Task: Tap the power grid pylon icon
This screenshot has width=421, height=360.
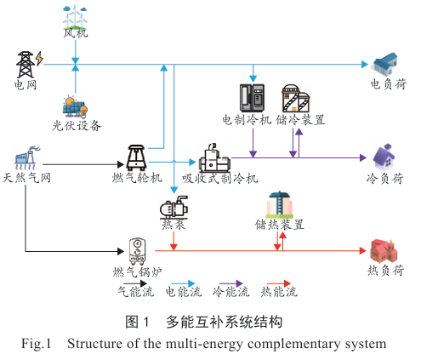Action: pyautogui.click(x=26, y=65)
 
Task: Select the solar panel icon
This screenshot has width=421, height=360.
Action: pyautogui.click(x=75, y=107)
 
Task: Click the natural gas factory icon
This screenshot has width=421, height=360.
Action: pyautogui.click(x=28, y=157)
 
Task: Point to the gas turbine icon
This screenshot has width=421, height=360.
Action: pyautogui.click(x=136, y=157)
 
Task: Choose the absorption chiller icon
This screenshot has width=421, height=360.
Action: pyautogui.click(x=214, y=157)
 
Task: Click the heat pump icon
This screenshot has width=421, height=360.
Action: pyautogui.click(x=174, y=207)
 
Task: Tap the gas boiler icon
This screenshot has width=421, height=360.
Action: pyautogui.click(x=138, y=251)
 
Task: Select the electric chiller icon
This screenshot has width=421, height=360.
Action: pyautogui.click(x=252, y=98)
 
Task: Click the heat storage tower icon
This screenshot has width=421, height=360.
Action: pyautogui.click(x=280, y=204)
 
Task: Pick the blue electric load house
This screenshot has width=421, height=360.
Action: pyautogui.click(x=385, y=64)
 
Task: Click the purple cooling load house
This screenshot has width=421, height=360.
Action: pyautogui.click(x=384, y=157)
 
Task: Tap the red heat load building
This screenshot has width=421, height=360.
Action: pyautogui.click(x=384, y=251)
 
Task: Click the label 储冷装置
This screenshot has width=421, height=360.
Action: pyautogui.click(x=300, y=120)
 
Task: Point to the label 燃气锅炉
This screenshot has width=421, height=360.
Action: pyautogui.click(x=138, y=272)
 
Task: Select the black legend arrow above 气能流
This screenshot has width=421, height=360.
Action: pyautogui.click(x=135, y=283)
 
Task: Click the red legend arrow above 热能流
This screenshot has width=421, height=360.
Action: pyautogui.click(x=279, y=283)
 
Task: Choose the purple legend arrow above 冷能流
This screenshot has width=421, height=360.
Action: pyautogui.click(x=231, y=283)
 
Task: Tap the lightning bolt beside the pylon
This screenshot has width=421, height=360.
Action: pyautogui.click(x=39, y=59)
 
